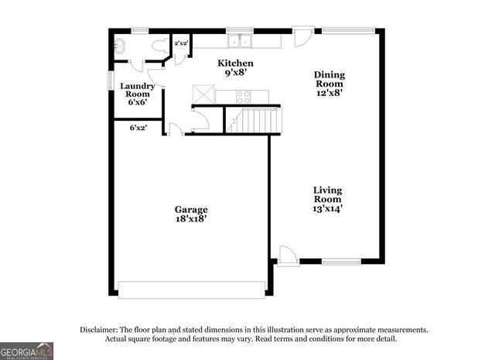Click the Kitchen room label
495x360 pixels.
coord(235,68)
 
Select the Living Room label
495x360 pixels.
coord(327,198)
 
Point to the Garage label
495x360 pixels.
coord(190,214)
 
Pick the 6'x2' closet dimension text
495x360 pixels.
coord(138,127)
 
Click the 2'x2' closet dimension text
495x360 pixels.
coord(182,43)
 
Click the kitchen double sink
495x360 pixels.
coord(240,41)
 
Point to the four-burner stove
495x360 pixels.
coord(243,97)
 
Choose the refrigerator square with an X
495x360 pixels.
coord(203,94)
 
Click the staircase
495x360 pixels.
coord(253,121)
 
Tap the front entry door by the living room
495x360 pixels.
coord(286,255)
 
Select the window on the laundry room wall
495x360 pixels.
coord(109,81)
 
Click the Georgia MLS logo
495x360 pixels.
coord(27,351)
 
